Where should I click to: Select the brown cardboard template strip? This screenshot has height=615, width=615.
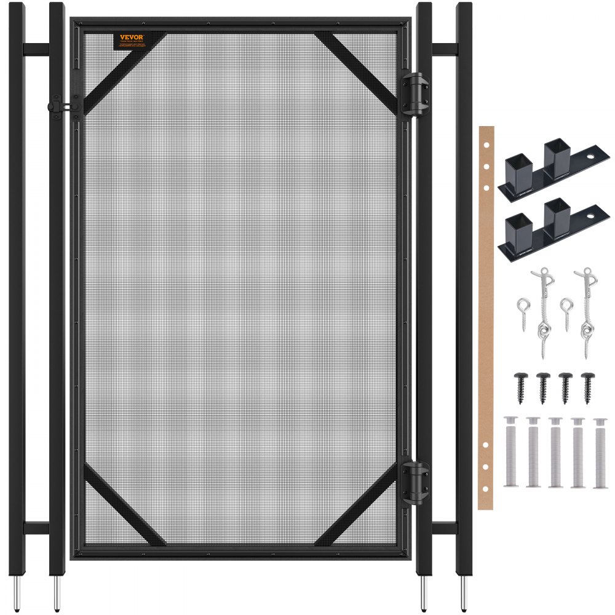point(486,317)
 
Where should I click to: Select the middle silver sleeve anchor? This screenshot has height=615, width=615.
point(555,452)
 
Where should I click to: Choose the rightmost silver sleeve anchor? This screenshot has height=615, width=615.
point(600,453)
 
